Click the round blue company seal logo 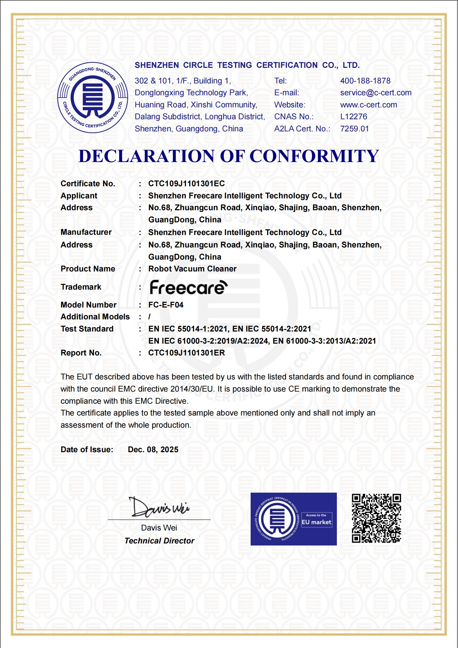[93, 98]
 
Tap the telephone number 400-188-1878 [365, 81]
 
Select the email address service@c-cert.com [376, 93]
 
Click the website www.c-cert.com [368, 105]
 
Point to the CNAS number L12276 [354, 117]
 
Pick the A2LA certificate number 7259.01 [354, 129]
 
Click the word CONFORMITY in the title [314, 156]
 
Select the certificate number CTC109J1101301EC [186, 184]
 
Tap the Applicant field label [79, 196]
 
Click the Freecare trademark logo [188, 287]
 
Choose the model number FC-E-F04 [166, 305]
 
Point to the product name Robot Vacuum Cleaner [192, 269]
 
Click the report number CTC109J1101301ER [186, 353]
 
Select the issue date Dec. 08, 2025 [153, 450]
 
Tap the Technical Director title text [159, 541]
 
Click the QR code [376, 518]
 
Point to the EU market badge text [316, 522]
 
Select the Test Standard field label [87, 329]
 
